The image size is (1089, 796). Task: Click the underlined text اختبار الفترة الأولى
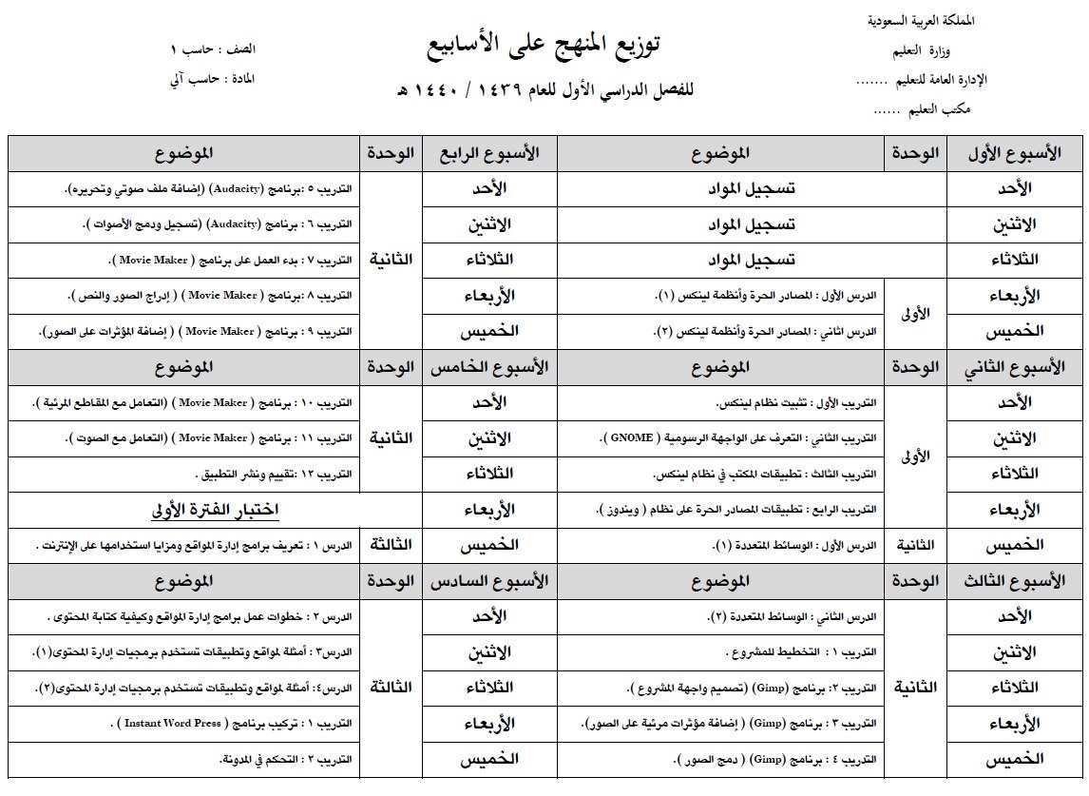[215, 510]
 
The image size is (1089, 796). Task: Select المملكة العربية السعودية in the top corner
[921, 20]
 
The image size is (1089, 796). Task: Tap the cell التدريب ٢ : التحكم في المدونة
[286, 760]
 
